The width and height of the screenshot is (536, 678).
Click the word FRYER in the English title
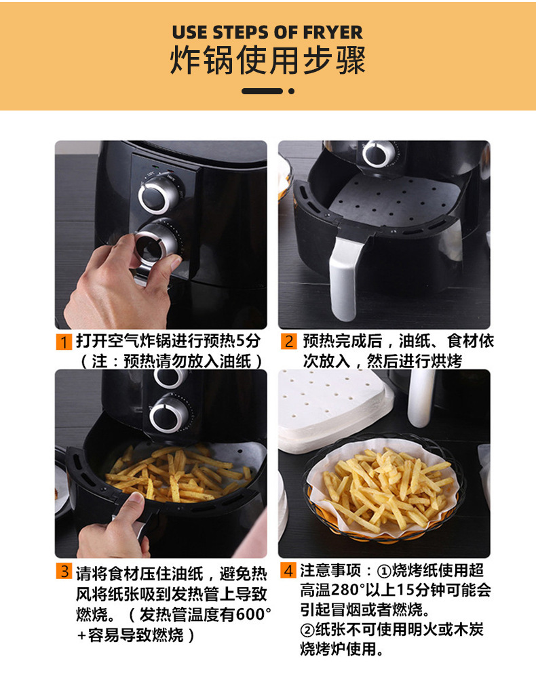(x=332, y=33)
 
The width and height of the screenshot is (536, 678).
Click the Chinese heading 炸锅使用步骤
(x=268, y=60)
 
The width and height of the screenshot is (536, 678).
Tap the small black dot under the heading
(x=292, y=92)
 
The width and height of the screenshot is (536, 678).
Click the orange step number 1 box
(x=64, y=342)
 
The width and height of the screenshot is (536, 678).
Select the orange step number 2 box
(x=288, y=341)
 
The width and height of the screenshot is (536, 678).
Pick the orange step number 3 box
(x=64, y=571)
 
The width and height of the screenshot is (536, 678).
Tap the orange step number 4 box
(x=288, y=570)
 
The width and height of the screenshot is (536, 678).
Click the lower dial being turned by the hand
(x=157, y=245)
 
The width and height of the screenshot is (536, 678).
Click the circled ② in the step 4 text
(x=307, y=631)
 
